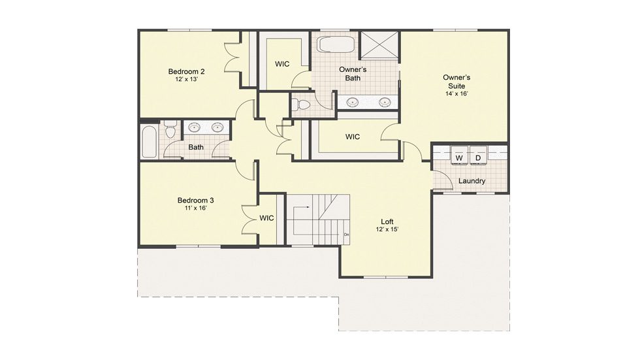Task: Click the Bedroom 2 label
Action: pos(187,71)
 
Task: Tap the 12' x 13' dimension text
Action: pos(187,79)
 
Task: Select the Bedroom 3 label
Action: pos(195,201)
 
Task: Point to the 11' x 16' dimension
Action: pos(195,208)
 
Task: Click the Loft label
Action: pos(387,221)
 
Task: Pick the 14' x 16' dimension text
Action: pos(456,93)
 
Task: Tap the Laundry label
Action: pos(472,181)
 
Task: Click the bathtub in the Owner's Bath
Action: pos(336,44)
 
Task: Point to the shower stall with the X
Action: pos(379,46)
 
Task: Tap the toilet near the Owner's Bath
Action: pos(301,105)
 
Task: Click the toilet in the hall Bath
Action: pos(170,130)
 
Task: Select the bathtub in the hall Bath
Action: pos(149,142)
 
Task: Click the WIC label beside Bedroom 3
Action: pos(266,218)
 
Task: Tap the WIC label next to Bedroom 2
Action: pos(282,64)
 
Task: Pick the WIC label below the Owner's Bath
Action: pos(353,137)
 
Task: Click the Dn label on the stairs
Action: pos(347,235)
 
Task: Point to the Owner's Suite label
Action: pos(456,82)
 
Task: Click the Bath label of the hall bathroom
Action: pos(196,147)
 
